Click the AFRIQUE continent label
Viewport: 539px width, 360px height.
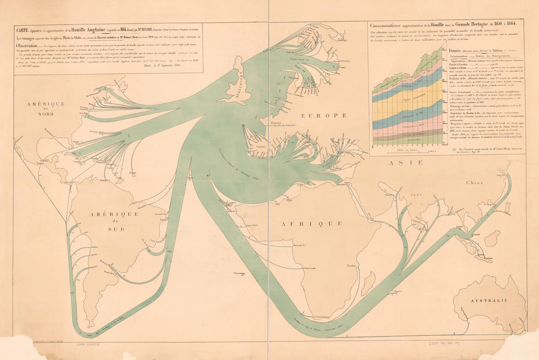(x=311, y=223)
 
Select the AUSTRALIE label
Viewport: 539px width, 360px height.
(x=491, y=300)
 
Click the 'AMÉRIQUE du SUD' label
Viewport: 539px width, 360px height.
(x=113, y=221)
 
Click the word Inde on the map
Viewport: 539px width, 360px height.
(x=416, y=194)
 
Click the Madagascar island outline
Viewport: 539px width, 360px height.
(x=369, y=283)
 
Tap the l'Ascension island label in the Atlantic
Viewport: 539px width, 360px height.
(x=239, y=273)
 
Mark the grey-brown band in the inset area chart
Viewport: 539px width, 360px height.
(x=402, y=133)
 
